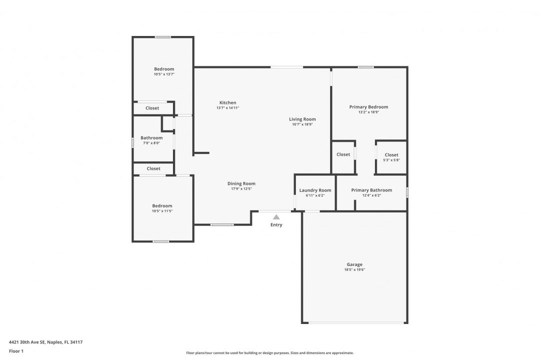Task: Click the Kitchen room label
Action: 227,102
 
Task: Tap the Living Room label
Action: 302,119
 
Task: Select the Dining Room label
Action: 241,183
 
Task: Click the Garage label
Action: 354,264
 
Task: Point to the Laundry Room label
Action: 315,190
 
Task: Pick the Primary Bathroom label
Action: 371,190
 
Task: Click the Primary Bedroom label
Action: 368,107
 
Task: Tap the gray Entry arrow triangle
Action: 276,217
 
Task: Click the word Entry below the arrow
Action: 276,225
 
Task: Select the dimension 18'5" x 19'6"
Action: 354,269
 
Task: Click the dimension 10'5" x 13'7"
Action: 164,74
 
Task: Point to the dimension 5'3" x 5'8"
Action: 391,160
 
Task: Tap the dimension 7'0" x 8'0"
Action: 151,143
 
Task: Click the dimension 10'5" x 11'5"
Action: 162,211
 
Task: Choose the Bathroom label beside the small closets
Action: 151,138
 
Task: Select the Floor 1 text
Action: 16,351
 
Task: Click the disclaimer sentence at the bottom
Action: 269,353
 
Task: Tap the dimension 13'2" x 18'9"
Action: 368,112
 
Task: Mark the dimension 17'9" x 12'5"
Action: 241,189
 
